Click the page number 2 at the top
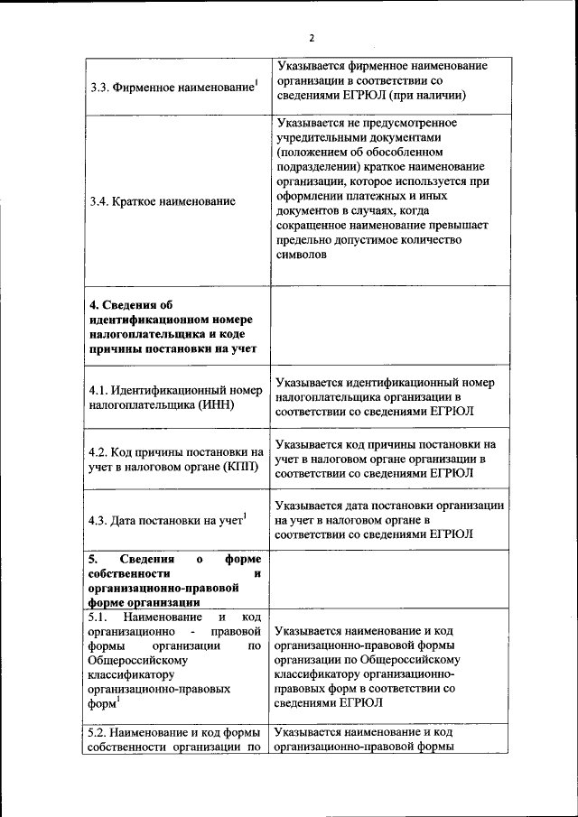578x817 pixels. point(311,38)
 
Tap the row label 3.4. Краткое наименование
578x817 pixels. point(163,201)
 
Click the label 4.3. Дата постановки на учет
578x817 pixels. point(167,520)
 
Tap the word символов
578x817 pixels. point(303,255)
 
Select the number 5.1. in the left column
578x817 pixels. point(101,617)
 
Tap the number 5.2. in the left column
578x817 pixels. point(101,732)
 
